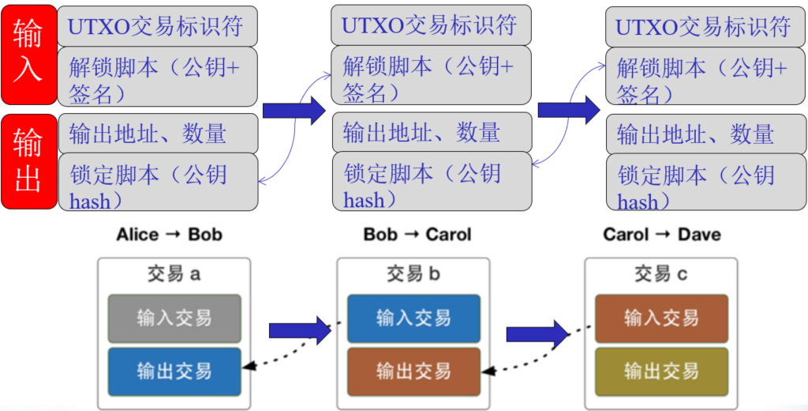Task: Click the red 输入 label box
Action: [x=28, y=54]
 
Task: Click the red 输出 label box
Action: [x=28, y=161]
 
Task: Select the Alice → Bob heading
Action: [x=169, y=234]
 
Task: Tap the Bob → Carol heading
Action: [x=417, y=234]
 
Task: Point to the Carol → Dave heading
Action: [x=661, y=234]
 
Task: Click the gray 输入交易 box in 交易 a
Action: [x=174, y=318]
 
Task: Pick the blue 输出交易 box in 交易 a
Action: [x=174, y=371]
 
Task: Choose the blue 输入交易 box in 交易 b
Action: [x=413, y=318]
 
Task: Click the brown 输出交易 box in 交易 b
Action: [x=413, y=371]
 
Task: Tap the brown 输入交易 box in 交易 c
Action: [x=661, y=318]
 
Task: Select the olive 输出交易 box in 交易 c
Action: [x=661, y=371]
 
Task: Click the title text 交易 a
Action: [x=174, y=274]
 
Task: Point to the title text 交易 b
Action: [x=413, y=274]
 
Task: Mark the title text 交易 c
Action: [x=661, y=274]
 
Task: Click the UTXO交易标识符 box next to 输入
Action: [x=158, y=26]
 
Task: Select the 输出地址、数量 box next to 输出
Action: [x=158, y=134]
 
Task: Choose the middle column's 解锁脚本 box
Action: [x=431, y=76]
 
